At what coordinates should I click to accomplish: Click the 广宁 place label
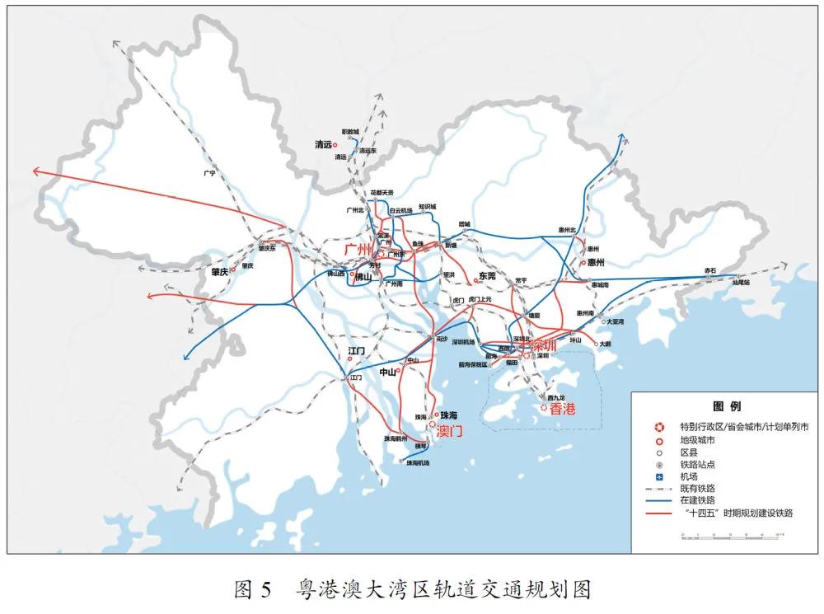pyautogui.click(x=208, y=174)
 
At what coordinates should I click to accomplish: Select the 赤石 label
pyautogui.click(x=710, y=270)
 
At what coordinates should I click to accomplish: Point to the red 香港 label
pyautogui.click(x=563, y=408)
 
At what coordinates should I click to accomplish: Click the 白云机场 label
pyautogui.click(x=401, y=210)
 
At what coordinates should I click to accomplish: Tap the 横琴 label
pyautogui.click(x=422, y=446)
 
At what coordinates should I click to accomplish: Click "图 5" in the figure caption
pyautogui.click(x=252, y=589)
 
